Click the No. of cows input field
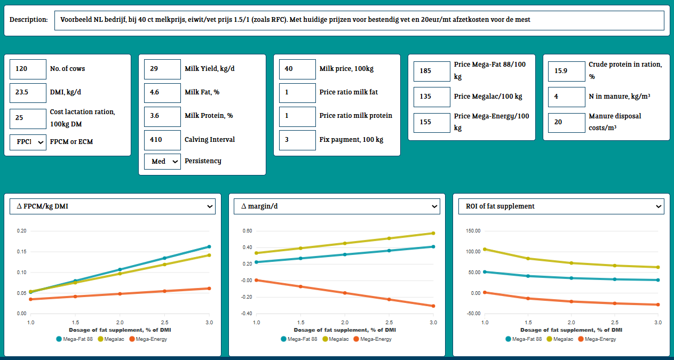(28, 68)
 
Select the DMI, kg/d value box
(28, 92)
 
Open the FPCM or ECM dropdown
(28, 142)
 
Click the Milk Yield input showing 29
(162, 68)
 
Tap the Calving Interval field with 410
(162, 139)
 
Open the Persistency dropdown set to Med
(162, 161)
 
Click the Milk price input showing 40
(297, 68)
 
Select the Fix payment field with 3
(297, 140)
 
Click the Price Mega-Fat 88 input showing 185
(432, 71)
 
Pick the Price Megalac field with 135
(432, 97)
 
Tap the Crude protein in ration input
(566, 71)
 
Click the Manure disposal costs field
(566, 122)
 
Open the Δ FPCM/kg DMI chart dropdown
(113, 206)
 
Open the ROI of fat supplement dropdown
(561, 206)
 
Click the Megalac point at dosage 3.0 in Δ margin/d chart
(433, 233)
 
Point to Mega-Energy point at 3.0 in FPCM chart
(209, 289)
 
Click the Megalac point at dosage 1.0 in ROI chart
(485, 249)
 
